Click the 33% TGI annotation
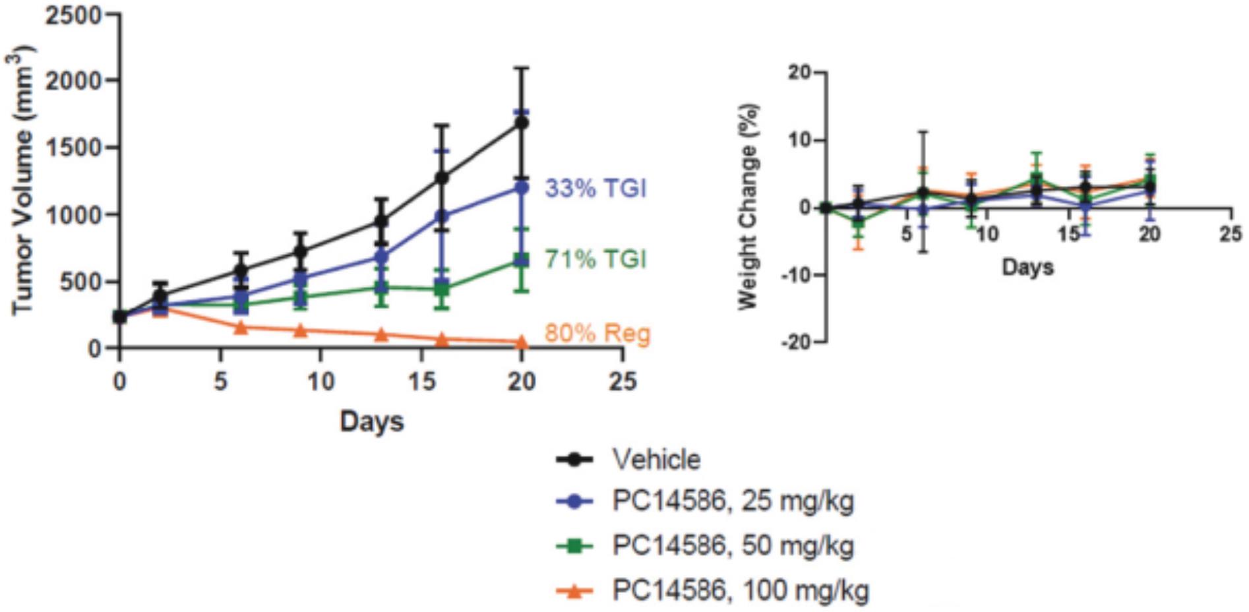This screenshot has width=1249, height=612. [x=595, y=189]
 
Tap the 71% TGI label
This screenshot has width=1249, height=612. [x=595, y=259]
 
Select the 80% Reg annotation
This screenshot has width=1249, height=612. [x=597, y=334]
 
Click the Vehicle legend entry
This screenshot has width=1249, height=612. [x=656, y=460]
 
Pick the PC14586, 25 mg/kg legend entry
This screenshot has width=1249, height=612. [x=732, y=501]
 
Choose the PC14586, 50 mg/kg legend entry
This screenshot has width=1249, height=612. [x=732, y=546]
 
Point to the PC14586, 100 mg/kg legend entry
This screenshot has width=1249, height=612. [x=740, y=590]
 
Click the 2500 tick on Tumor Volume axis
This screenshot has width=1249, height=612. [x=73, y=15]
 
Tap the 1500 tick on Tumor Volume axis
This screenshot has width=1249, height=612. [x=73, y=148]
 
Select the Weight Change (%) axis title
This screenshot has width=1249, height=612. [x=748, y=206]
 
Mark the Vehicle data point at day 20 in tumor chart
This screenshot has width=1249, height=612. [x=522, y=123]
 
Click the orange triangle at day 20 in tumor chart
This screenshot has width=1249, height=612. [x=522, y=342]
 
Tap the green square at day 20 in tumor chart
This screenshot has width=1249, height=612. [x=522, y=260]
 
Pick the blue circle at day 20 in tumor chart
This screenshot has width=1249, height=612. [x=522, y=188]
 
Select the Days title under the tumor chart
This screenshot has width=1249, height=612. [x=371, y=421]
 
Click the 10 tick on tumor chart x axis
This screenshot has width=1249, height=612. [x=320, y=381]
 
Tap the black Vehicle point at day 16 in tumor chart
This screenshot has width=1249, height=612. [x=442, y=177]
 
